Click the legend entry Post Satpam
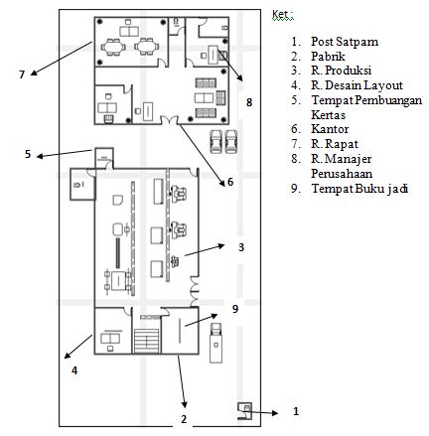[345, 42]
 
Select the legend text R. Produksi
[341, 71]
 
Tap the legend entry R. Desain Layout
[357, 85]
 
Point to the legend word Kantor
[330, 129]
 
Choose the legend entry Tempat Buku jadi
[359, 189]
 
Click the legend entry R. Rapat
[335, 144]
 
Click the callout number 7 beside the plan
[22, 74]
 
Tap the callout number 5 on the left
[28, 154]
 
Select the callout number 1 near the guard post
[296, 411]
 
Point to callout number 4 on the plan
[74, 370]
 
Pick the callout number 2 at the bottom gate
[184, 419]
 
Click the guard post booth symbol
[245, 411]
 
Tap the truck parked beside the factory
[216, 343]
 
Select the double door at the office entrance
[169, 120]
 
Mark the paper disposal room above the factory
[104, 158]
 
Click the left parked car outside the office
[215, 142]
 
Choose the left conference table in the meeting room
[113, 47]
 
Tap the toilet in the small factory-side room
[77, 185]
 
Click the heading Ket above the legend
[283, 15]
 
